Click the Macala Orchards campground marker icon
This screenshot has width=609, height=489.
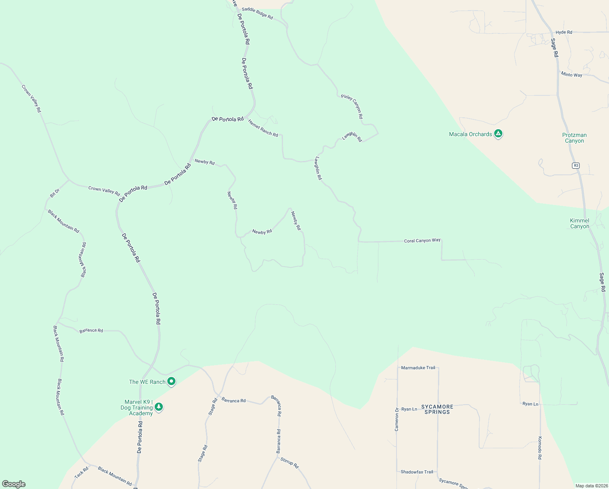point(498,134)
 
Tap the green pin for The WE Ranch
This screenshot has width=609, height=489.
point(171,381)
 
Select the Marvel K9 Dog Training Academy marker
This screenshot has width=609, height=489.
point(159,407)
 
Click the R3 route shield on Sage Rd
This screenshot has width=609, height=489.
point(575,165)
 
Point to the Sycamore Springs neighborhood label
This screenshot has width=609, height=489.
point(437,409)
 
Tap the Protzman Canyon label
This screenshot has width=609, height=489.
point(574,138)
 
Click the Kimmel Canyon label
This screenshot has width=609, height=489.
point(579,223)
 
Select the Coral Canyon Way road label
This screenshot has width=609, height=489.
point(422,240)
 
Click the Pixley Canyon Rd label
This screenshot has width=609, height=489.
point(352,106)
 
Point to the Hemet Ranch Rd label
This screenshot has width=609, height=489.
point(263,129)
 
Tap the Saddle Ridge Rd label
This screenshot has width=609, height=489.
point(257,13)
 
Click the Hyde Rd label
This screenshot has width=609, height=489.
point(564,32)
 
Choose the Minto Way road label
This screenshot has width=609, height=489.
point(571,75)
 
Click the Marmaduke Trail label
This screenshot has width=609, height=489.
point(418,368)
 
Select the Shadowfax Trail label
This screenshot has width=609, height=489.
point(417,472)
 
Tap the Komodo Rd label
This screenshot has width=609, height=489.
point(540,448)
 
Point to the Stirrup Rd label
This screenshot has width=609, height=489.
point(289,463)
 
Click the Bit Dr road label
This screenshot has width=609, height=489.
point(55,193)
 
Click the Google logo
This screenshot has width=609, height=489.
point(14,484)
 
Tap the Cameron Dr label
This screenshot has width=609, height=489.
point(397,419)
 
